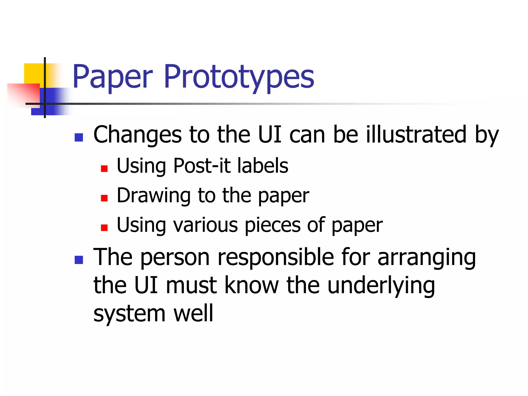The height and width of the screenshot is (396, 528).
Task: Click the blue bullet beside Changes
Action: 79,137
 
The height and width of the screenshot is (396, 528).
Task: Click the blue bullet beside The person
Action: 79,260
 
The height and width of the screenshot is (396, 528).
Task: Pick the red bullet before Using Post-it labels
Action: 104,169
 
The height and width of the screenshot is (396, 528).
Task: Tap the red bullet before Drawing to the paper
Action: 104,198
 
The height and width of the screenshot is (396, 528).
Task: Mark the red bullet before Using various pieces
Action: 104,228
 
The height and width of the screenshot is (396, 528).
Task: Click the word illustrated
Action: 416,135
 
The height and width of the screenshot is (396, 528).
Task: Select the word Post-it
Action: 202,166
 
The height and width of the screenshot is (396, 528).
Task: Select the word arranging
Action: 427,258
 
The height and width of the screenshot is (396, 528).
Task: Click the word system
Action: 129,314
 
